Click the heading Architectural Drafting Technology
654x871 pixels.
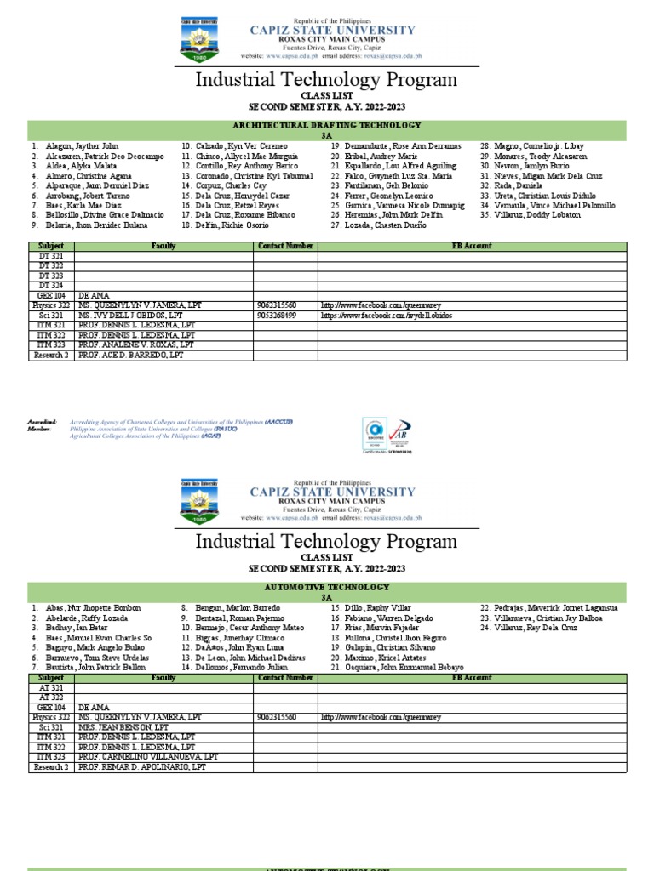point(326,124)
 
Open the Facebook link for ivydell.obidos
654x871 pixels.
point(387,315)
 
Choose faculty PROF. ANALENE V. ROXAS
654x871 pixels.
point(135,345)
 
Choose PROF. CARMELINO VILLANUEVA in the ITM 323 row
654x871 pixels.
point(147,756)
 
